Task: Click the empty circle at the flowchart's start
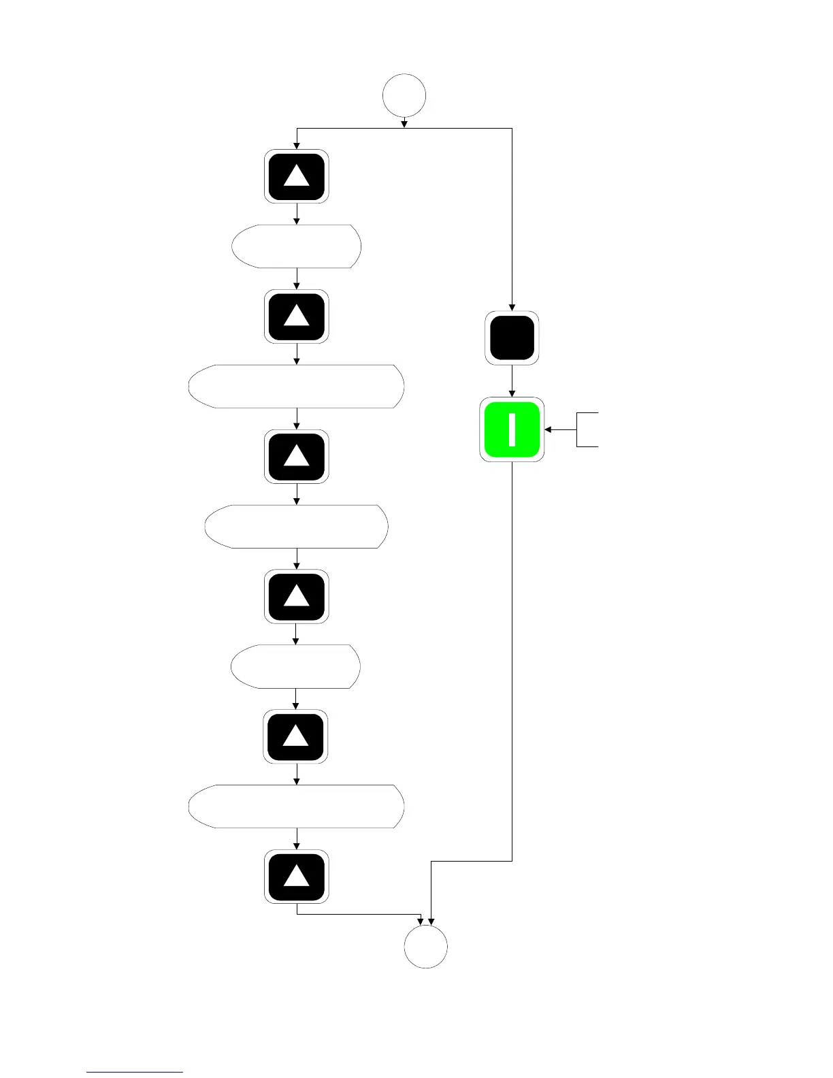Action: pos(404,95)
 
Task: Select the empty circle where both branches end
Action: pos(426,946)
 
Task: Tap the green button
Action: pos(512,429)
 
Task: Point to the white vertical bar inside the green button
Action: pos(512,429)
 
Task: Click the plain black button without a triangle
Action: pos(512,338)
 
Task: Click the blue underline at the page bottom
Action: pos(135,1072)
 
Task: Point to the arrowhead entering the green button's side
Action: pos(548,429)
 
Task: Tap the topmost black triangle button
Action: pos(297,176)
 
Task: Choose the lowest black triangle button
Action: pos(297,877)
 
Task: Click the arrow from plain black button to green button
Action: pos(512,381)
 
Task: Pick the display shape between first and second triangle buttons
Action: pos(297,246)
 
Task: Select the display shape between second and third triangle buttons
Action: pos(297,386)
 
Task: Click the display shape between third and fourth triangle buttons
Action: pos(297,526)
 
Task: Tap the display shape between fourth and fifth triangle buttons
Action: pos(296,666)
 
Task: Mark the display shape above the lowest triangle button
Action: pos(297,806)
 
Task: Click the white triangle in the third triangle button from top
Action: pos(296,457)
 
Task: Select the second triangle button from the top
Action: pos(297,316)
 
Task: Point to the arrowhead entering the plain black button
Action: pos(512,307)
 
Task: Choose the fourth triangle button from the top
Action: pos(297,596)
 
